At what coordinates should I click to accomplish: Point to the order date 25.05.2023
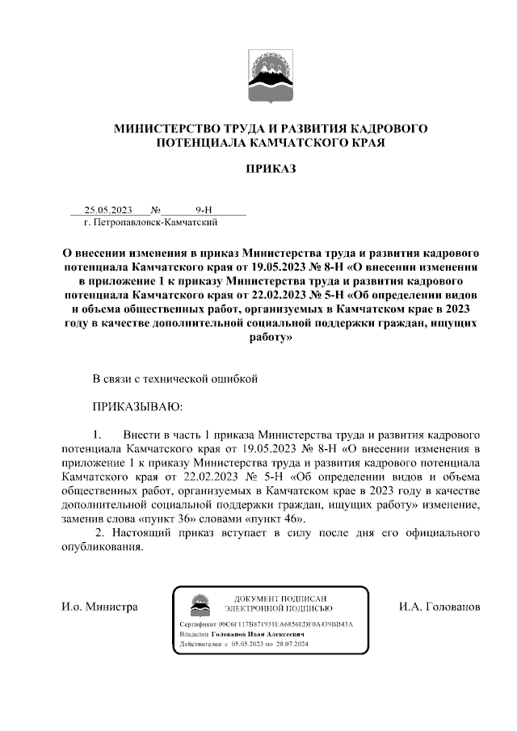pyautogui.click(x=107, y=209)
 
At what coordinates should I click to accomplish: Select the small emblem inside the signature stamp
pyautogui.click(x=199, y=603)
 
